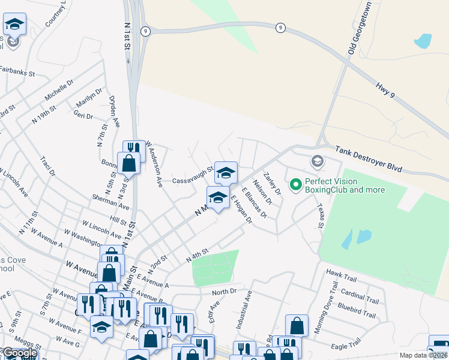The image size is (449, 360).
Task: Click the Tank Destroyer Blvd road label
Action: coord(368,160)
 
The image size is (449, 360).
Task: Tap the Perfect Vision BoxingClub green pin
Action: coord(295,185)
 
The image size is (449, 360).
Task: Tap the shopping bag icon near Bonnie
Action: coord(129,162)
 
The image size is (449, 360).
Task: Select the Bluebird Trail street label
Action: coord(357,314)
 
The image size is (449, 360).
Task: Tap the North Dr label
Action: coord(224,292)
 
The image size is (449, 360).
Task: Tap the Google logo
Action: coord(19,353)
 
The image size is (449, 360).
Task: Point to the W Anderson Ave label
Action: coord(154,164)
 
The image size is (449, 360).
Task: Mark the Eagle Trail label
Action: coord(346,346)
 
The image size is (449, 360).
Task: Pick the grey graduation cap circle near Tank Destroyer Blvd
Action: coord(317,161)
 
